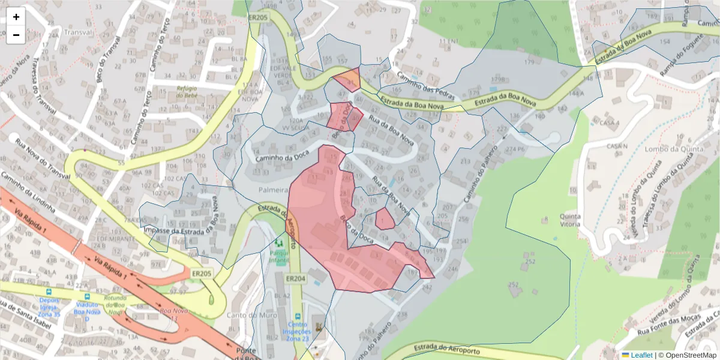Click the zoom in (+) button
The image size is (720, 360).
click(x=16, y=17)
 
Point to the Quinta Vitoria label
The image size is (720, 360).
click(x=569, y=220)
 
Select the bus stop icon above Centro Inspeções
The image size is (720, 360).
click(x=298, y=316)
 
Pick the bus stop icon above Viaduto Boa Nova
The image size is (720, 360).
click(x=88, y=296)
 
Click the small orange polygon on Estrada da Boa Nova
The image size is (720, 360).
click(x=348, y=79)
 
